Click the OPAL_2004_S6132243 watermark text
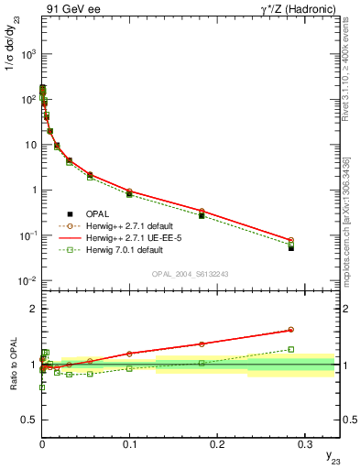pyautogui.click(x=191, y=273)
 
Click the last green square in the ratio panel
pyautogui.click(x=291, y=349)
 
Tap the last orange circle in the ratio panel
pyautogui.click(x=291, y=330)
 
